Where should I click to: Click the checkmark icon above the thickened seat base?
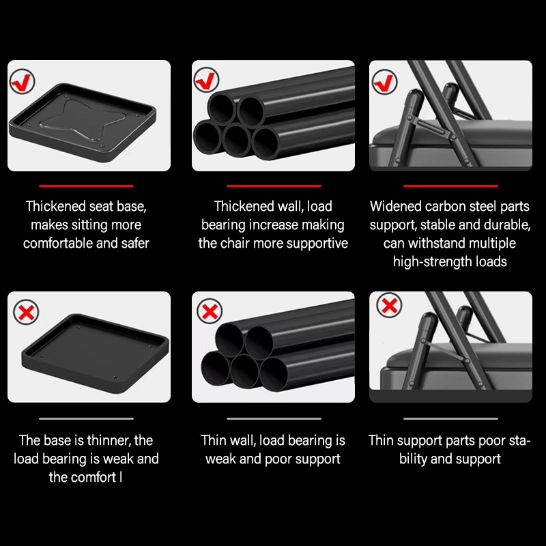(x=22, y=81)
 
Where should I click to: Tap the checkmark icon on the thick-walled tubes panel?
(x=206, y=80)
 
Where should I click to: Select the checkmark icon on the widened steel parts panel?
(x=384, y=82)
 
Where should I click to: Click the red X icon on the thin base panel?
(x=26, y=312)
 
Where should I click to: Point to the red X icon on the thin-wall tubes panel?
(x=210, y=311)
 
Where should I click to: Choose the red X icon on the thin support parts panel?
(x=389, y=305)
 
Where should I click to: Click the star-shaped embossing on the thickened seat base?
(x=83, y=120)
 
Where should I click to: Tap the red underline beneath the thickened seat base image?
(x=87, y=186)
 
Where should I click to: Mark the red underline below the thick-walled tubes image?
(x=274, y=186)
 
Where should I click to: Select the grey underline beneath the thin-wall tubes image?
(x=274, y=418)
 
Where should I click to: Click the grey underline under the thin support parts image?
(x=450, y=418)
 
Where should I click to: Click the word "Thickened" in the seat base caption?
(x=56, y=206)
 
